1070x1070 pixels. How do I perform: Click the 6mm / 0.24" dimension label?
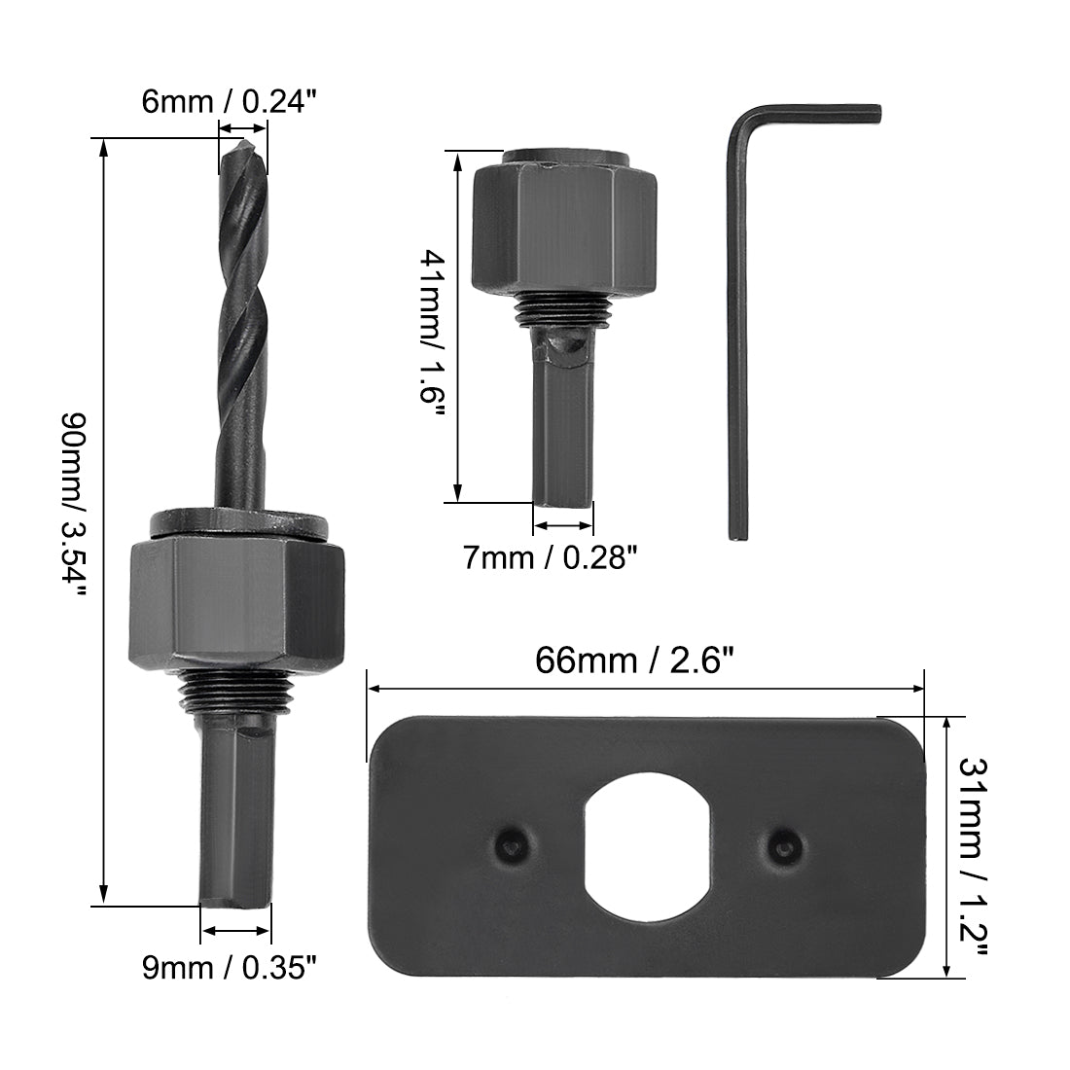(230, 102)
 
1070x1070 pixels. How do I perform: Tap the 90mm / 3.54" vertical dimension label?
(74, 504)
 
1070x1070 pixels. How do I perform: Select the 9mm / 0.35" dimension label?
(230, 967)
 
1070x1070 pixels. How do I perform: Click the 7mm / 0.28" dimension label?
(550, 557)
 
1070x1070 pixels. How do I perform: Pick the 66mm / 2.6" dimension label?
(634, 660)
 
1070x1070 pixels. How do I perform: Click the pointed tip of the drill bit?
(242, 140)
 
